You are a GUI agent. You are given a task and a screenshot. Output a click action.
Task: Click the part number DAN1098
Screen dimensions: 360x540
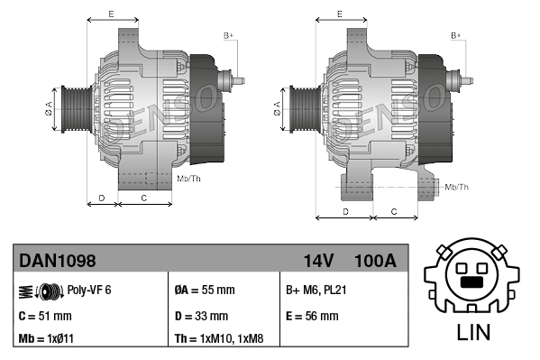click(57, 262)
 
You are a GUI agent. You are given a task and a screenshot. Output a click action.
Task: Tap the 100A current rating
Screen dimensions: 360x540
click(375, 262)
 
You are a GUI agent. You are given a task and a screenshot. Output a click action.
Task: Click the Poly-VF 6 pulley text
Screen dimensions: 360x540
click(89, 290)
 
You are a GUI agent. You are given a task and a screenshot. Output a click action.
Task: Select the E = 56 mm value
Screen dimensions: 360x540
click(312, 316)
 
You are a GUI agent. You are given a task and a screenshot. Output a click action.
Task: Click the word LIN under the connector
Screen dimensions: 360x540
click(474, 331)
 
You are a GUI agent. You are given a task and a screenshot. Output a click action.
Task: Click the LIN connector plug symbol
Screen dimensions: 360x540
click(473, 274)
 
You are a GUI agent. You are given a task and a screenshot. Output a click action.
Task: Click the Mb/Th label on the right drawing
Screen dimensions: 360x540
click(457, 187)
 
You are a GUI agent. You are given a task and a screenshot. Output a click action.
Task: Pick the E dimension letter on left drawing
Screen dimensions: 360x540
click(110, 14)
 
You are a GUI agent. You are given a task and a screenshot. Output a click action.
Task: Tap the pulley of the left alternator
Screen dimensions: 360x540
click(72, 109)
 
